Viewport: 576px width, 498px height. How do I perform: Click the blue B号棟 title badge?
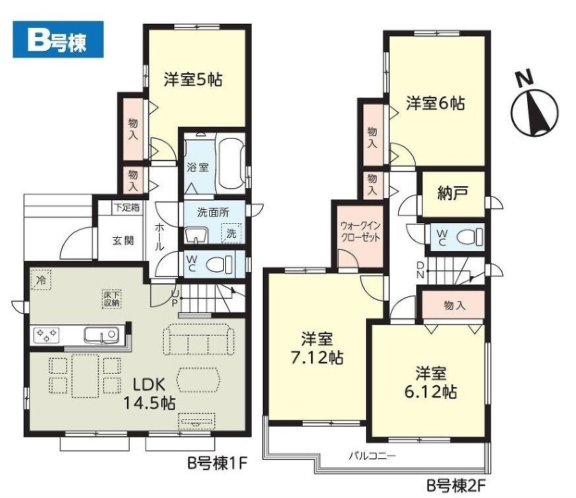[x=58, y=40]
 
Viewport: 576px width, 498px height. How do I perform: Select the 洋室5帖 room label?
[x=193, y=80]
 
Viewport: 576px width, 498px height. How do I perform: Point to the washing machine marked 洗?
[x=232, y=233]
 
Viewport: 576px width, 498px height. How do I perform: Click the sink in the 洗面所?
[x=196, y=235]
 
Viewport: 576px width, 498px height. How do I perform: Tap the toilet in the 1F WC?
[x=219, y=264]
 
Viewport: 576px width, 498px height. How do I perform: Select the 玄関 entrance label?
[x=123, y=241]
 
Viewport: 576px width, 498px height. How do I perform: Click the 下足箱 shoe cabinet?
[x=127, y=207]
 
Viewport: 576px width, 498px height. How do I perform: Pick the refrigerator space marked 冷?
[x=40, y=280]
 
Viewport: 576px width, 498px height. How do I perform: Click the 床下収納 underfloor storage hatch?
[x=111, y=299]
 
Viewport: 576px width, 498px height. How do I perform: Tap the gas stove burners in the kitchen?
[x=46, y=335]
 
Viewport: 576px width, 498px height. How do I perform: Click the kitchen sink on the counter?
[x=101, y=335]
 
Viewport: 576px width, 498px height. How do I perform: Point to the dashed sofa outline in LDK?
[x=198, y=339]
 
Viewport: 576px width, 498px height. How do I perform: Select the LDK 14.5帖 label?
[x=149, y=393]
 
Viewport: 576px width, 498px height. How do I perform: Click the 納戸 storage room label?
[x=453, y=193]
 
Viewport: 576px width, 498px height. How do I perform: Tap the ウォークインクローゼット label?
[x=361, y=231]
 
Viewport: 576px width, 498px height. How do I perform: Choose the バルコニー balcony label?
[x=372, y=456]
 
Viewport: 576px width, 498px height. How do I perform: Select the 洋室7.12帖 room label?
[x=317, y=347]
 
